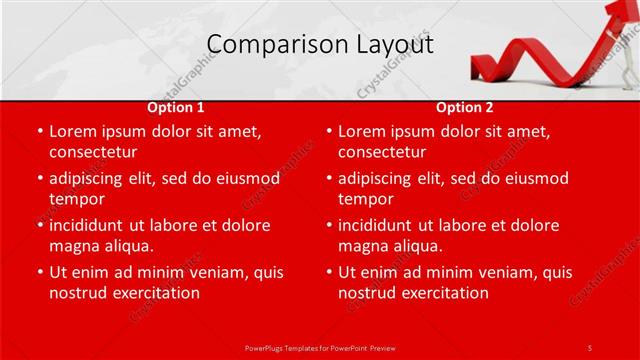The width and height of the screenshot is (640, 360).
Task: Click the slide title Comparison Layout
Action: pos(320,45)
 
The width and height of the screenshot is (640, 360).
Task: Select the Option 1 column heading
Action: pos(176,107)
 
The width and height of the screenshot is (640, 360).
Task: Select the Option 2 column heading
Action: pos(465,107)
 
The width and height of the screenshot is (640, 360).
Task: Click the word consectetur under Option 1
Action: pos(93,152)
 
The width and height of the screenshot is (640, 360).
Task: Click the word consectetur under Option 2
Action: pos(382,152)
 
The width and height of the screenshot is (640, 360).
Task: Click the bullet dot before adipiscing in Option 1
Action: pos(39,179)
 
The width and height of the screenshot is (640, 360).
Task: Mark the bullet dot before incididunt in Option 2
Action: pos(328,226)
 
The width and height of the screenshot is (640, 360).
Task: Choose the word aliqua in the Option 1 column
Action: pos(126,246)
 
